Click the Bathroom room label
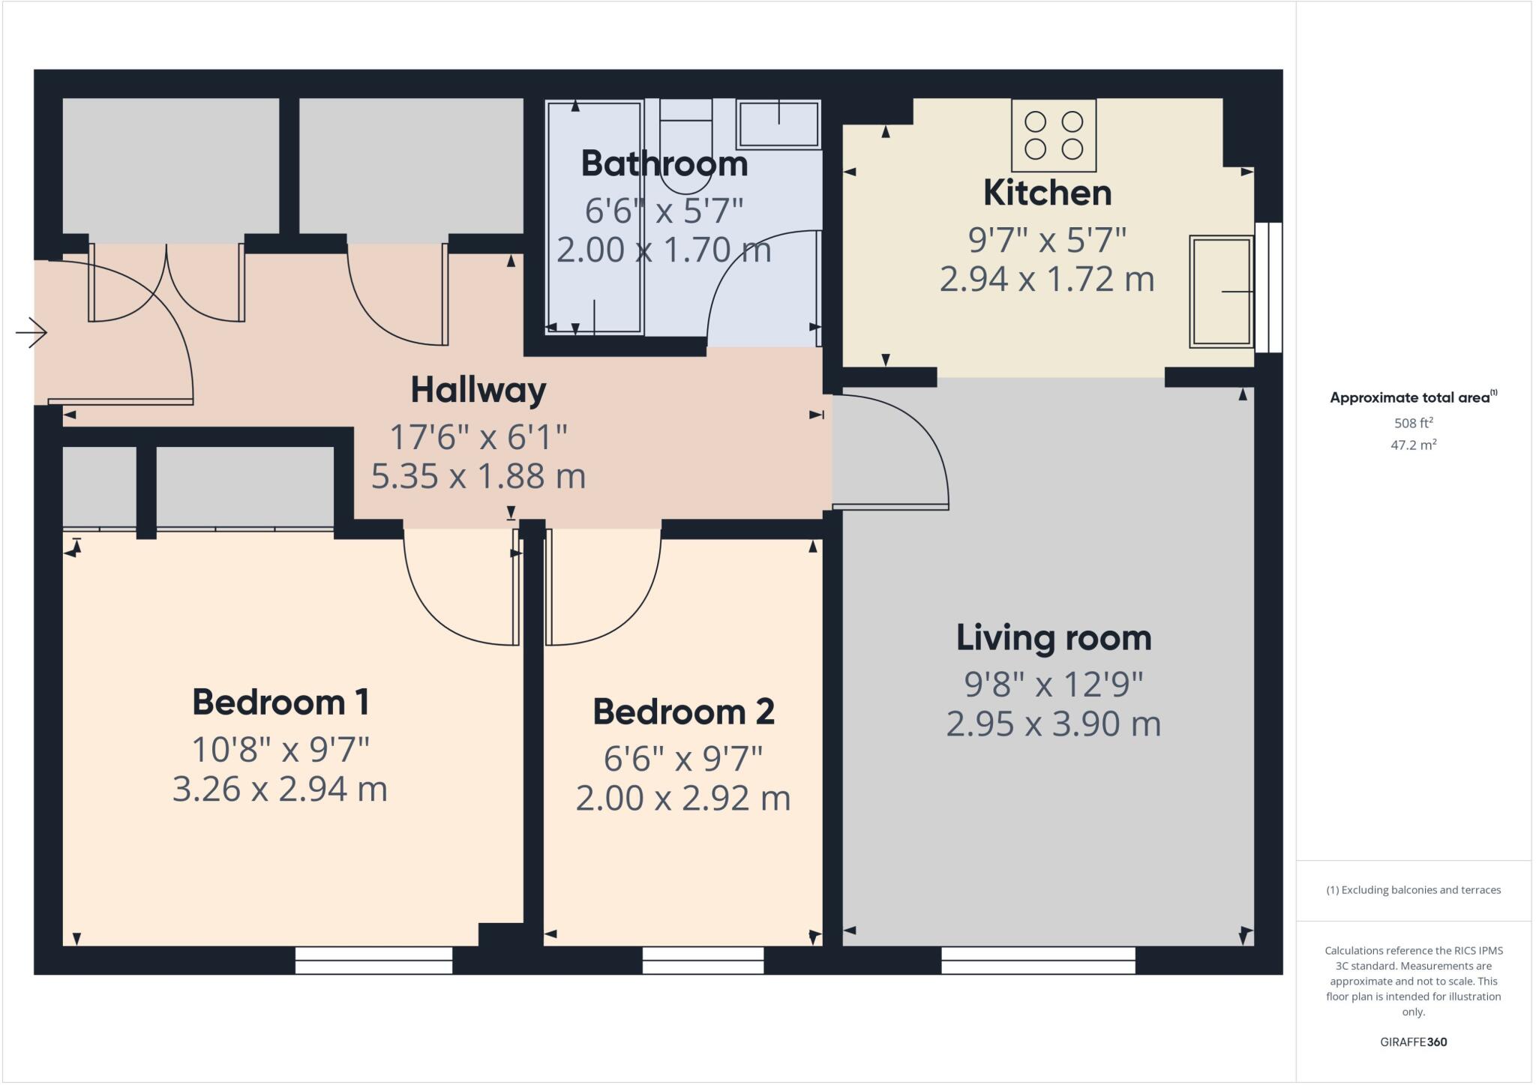pyautogui.click(x=664, y=163)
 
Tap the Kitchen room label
pyautogui.click(x=1047, y=193)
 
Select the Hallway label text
pyautogui.click(x=478, y=390)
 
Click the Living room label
pyautogui.click(x=1053, y=638)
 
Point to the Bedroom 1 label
pyautogui.click(x=280, y=703)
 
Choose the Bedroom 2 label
pyautogui.click(x=683, y=712)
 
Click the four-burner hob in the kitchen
pyautogui.click(x=1053, y=135)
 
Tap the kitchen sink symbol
pyautogui.click(x=1220, y=292)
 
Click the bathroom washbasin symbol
pyautogui.click(x=778, y=124)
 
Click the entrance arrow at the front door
pyautogui.click(x=31, y=332)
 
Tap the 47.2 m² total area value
pyautogui.click(x=1413, y=445)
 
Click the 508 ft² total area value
pyautogui.click(x=1413, y=422)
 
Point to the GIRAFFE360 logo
pyautogui.click(x=1413, y=1042)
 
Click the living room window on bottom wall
pyautogui.click(x=1038, y=961)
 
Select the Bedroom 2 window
pyautogui.click(x=703, y=961)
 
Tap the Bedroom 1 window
pyautogui.click(x=373, y=961)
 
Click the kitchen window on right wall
pyautogui.click(x=1269, y=287)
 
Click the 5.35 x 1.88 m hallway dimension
pyautogui.click(x=478, y=477)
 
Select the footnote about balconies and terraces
pyautogui.click(x=1413, y=890)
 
